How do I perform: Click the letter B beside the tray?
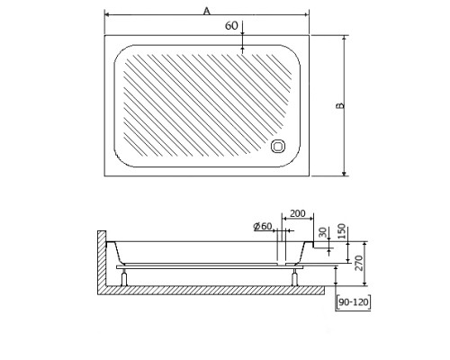point(339,105)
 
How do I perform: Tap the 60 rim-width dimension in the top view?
point(231,26)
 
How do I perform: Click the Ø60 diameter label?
point(263,226)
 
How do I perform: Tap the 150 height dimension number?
point(343,231)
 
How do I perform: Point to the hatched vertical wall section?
point(100,261)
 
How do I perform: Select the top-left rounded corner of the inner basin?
point(121,53)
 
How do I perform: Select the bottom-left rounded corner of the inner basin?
point(121,159)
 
